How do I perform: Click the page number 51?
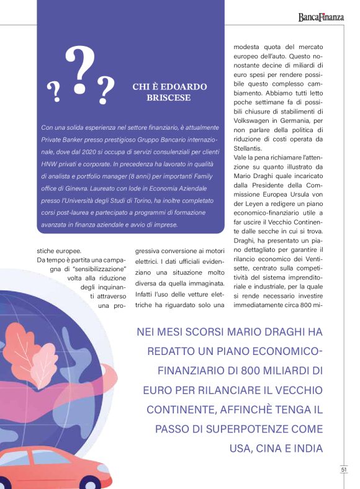click(343, 470)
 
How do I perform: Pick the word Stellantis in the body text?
click(248, 148)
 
